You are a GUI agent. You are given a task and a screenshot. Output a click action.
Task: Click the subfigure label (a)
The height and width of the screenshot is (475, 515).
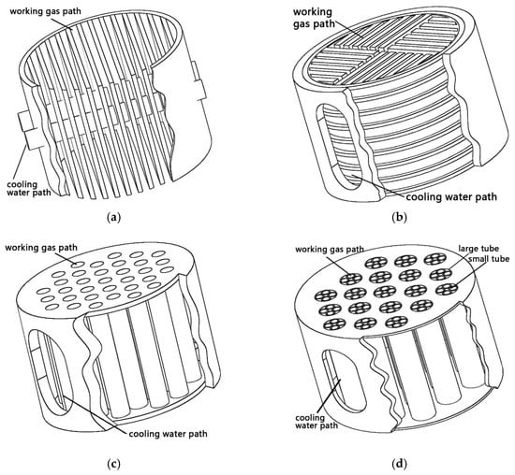[114, 217]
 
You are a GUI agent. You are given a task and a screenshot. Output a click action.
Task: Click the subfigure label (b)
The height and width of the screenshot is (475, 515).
[399, 217]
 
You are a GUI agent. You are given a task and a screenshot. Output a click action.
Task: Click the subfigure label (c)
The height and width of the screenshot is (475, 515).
[113, 464]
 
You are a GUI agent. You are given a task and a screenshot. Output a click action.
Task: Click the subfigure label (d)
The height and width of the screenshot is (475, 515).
[399, 464]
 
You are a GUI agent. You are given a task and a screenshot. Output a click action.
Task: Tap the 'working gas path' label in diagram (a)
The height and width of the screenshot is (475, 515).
[45, 11]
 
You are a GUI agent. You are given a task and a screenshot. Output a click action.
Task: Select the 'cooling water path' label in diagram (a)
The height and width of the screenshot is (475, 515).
[29, 188]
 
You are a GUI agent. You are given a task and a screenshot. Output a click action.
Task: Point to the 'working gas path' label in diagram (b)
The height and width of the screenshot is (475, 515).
[314, 18]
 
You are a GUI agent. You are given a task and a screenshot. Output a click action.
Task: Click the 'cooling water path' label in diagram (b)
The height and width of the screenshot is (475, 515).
[451, 196]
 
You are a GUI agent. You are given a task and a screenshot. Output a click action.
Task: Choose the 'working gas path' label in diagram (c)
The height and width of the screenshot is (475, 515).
[41, 248]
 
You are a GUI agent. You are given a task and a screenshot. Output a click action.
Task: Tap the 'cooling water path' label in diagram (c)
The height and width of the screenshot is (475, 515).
[168, 434]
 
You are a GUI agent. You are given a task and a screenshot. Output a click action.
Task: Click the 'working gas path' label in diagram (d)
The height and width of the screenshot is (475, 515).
[330, 250]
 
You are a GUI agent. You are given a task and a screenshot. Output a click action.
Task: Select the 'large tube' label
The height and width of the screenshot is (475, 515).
[478, 249]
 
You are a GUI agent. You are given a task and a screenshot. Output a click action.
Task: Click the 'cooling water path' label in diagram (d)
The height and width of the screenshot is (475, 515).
[316, 422]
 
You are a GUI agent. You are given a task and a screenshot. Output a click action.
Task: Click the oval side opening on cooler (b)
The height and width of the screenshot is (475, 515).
[337, 146]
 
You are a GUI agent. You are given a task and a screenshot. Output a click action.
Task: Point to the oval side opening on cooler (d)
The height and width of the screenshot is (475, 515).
[344, 381]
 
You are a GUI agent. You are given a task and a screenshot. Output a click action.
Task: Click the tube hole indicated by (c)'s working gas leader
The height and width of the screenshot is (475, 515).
[78, 264]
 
